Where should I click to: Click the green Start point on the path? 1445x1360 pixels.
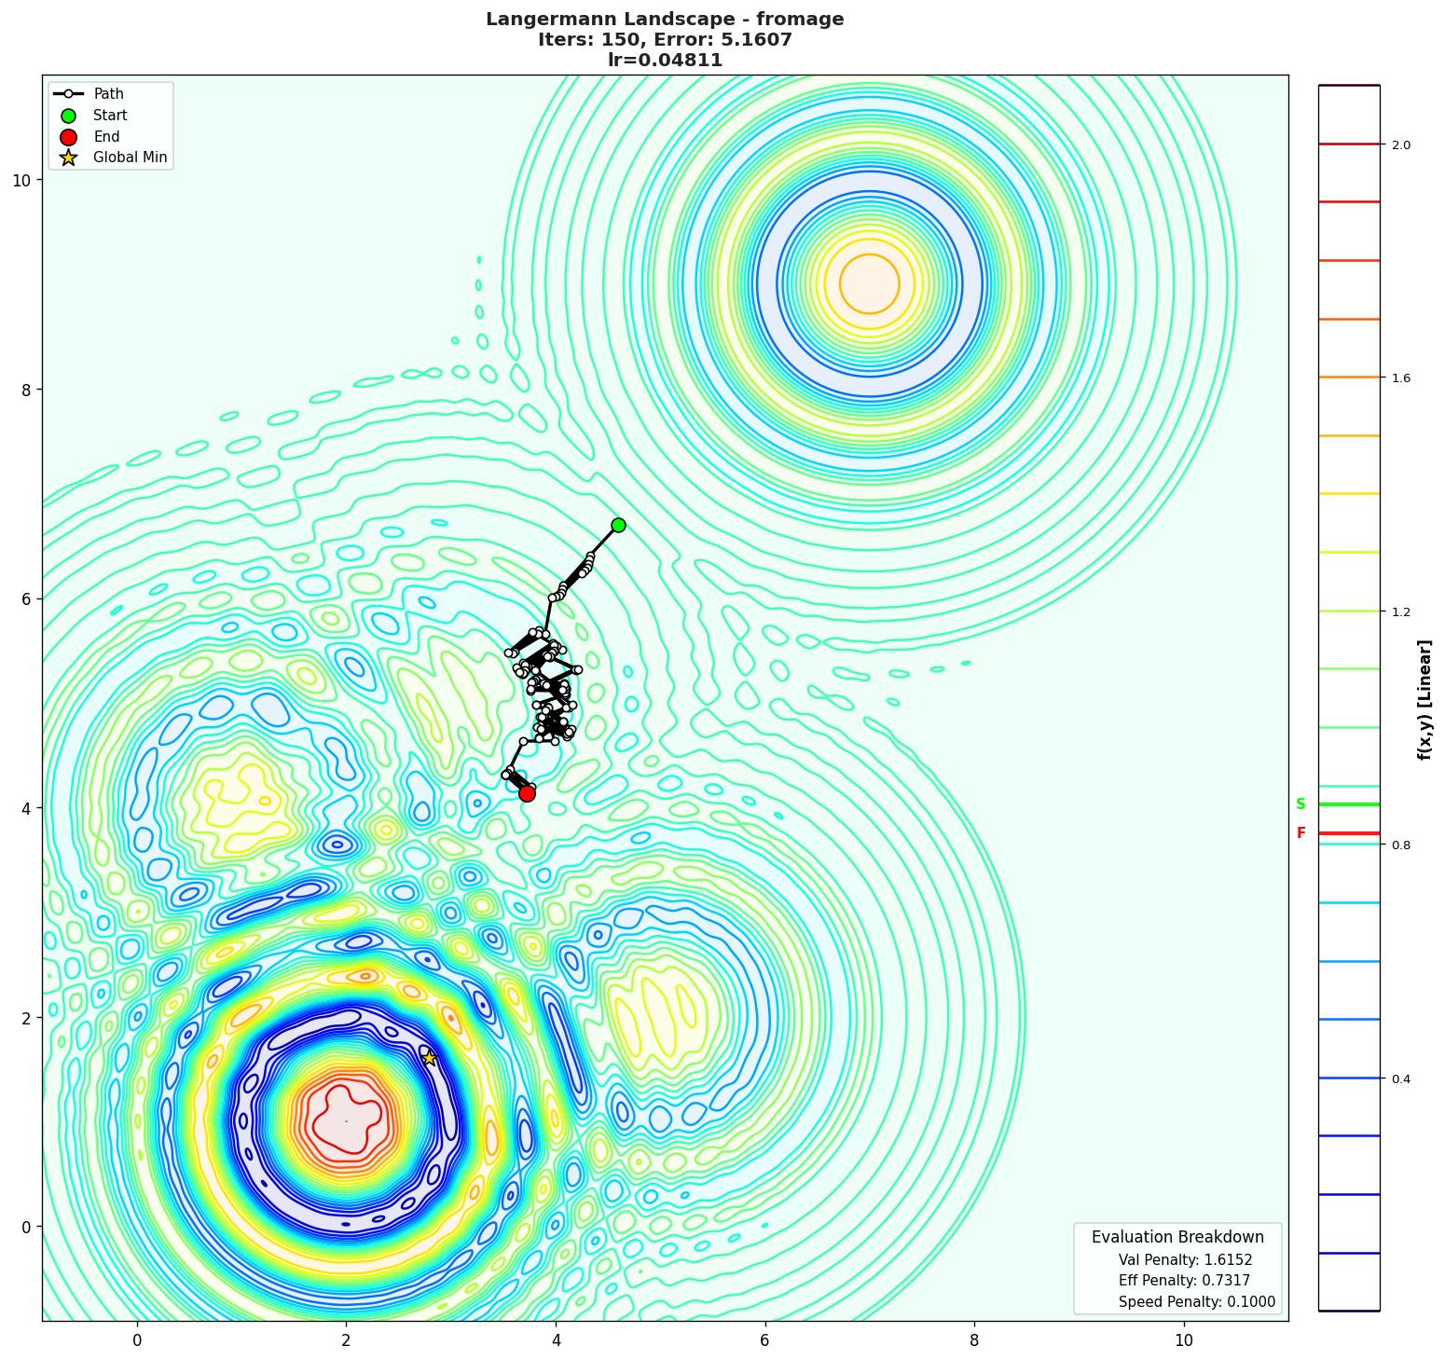point(618,525)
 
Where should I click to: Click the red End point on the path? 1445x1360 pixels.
point(527,793)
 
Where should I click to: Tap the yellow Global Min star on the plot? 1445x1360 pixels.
point(429,1058)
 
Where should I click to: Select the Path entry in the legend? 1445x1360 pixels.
point(108,94)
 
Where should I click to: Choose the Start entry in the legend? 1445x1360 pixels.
point(110,116)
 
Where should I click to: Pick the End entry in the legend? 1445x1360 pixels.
point(106,137)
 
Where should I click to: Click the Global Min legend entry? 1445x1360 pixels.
point(130,158)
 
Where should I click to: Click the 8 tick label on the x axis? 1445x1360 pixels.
point(974,1340)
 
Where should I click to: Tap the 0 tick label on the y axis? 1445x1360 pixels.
point(26,1227)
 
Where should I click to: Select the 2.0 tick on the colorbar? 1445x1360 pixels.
point(1400,144)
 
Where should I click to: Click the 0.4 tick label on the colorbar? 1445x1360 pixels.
point(1400,1079)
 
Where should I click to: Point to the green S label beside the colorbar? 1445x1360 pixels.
point(1300,804)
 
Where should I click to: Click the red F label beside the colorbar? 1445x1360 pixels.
point(1300,833)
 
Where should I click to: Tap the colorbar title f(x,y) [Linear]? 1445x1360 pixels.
point(1424,699)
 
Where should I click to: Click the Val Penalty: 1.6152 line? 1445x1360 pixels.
point(1185,1259)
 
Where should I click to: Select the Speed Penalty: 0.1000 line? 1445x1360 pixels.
point(1196,1302)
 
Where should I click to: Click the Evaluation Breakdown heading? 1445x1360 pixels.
point(1177,1237)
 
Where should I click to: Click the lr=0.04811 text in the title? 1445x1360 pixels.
point(665,61)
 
